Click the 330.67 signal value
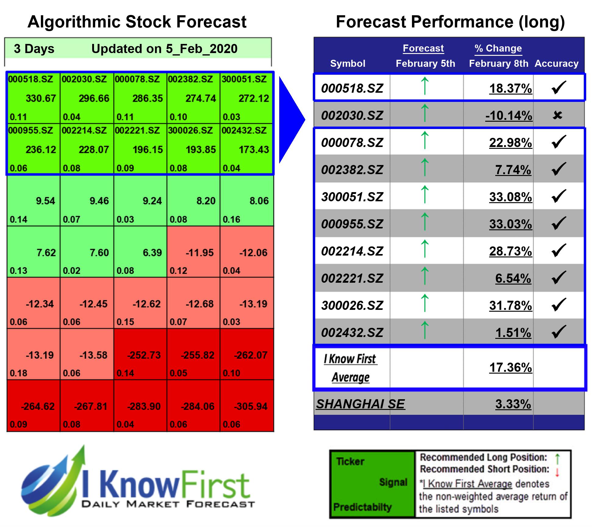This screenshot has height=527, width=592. coord(41,99)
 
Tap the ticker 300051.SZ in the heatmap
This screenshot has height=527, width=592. coord(244,79)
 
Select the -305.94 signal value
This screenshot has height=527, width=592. coord(251,406)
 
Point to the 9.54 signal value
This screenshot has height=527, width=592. coord(45,201)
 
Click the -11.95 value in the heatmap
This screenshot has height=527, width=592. coord(200,253)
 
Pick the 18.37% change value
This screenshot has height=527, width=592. coord(511,88)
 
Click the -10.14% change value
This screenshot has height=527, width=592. coord(509,116)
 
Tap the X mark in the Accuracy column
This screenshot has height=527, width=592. coord(558,115)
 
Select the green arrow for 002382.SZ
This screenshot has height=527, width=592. coord(425,167)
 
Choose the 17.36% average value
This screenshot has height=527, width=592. coord(511,367)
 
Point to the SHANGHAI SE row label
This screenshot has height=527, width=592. coord(360,404)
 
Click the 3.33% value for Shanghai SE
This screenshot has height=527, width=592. coord(513,404)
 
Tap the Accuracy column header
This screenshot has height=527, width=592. coord(556,63)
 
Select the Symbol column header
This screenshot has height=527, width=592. coord(348,63)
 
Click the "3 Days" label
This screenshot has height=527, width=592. coord(34,49)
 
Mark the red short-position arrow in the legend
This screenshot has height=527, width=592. coord(557,472)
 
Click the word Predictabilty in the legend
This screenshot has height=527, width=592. coord(362,507)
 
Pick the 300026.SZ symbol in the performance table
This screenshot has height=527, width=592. coord(352,306)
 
